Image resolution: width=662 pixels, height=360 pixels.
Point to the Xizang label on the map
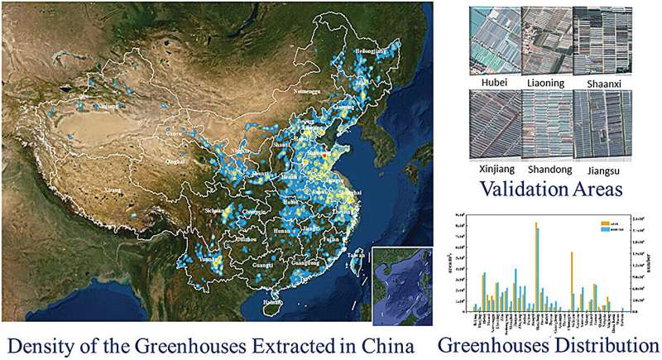click(x=111, y=190)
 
